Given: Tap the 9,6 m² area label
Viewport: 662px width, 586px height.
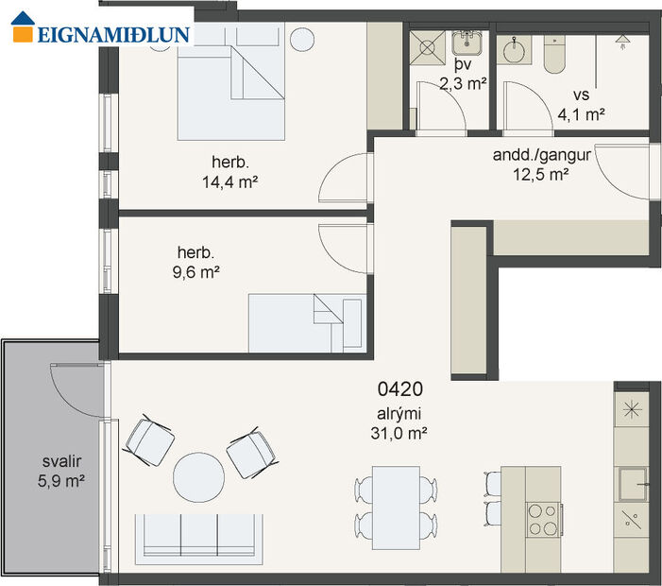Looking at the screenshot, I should [198, 272].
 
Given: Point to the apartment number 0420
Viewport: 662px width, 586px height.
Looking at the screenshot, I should [399, 388].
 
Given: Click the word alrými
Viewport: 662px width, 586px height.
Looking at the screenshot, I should [399, 413].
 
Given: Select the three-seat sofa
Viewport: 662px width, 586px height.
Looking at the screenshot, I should [198, 536].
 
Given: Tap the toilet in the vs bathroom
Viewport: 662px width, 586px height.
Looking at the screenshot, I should [553, 56].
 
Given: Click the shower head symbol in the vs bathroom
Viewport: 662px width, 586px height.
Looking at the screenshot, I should [622, 40].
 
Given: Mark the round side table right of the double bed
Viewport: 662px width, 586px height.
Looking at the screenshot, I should [302, 40].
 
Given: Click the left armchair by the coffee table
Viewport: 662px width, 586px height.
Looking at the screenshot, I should [150, 440].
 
